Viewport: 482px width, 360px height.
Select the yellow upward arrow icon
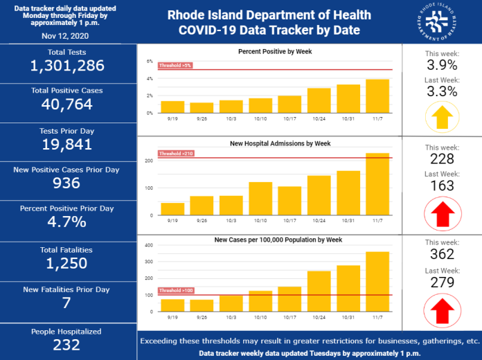(x=441, y=117)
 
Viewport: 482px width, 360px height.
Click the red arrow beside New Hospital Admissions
(x=441, y=212)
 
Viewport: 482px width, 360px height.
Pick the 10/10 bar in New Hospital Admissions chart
(x=260, y=199)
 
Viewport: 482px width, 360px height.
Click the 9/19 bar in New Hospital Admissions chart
(x=172, y=209)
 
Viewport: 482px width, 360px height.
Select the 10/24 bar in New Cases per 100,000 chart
(x=319, y=291)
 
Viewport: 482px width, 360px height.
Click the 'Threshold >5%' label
(x=175, y=66)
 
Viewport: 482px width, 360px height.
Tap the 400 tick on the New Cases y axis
(x=149, y=245)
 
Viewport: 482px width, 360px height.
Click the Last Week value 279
(x=441, y=282)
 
